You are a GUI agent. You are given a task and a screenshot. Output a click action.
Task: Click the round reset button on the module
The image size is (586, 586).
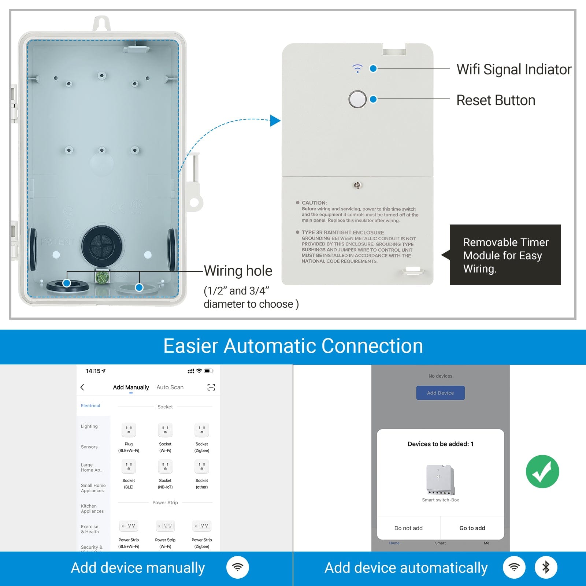pyautogui.click(x=357, y=99)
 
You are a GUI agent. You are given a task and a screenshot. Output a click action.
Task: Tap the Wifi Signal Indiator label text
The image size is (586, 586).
pyautogui.click(x=513, y=69)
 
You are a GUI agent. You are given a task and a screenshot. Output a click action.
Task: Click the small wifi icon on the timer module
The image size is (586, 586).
pyautogui.click(x=357, y=68)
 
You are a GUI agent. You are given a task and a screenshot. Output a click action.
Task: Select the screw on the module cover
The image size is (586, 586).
pyautogui.click(x=358, y=185)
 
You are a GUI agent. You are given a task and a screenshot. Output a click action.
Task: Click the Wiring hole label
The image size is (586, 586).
pyautogui.click(x=238, y=271)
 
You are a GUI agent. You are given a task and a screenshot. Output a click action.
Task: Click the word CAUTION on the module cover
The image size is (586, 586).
pyautogui.click(x=314, y=203)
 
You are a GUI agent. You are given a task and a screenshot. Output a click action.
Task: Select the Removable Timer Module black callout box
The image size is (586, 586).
pyautogui.click(x=505, y=255)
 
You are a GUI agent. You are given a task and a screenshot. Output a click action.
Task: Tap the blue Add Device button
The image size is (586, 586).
pyautogui.click(x=440, y=393)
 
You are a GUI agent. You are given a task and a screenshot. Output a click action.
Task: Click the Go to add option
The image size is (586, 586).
pyautogui.click(x=472, y=528)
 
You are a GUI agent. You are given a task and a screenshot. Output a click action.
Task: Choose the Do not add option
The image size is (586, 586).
pyautogui.click(x=408, y=528)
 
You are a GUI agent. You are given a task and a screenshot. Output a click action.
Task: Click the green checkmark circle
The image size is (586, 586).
pyautogui.click(x=542, y=471)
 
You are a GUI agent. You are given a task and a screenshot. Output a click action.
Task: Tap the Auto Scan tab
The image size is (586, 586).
pyautogui.click(x=170, y=387)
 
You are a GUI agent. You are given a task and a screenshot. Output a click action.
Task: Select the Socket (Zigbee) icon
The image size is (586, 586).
pyautogui.click(x=202, y=430)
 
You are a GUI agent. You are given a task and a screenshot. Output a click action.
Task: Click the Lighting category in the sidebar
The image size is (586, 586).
pyautogui.click(x=89, y=426)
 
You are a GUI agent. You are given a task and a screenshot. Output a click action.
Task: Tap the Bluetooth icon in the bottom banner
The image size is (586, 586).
pyautogui.click(x=546, y=567)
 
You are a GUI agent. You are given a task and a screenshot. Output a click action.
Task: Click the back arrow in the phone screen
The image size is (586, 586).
pyautogui.click(x=82, y=387)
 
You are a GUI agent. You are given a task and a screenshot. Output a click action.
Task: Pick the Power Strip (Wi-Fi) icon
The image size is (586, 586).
pyautogui.click(x=165, y=526)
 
